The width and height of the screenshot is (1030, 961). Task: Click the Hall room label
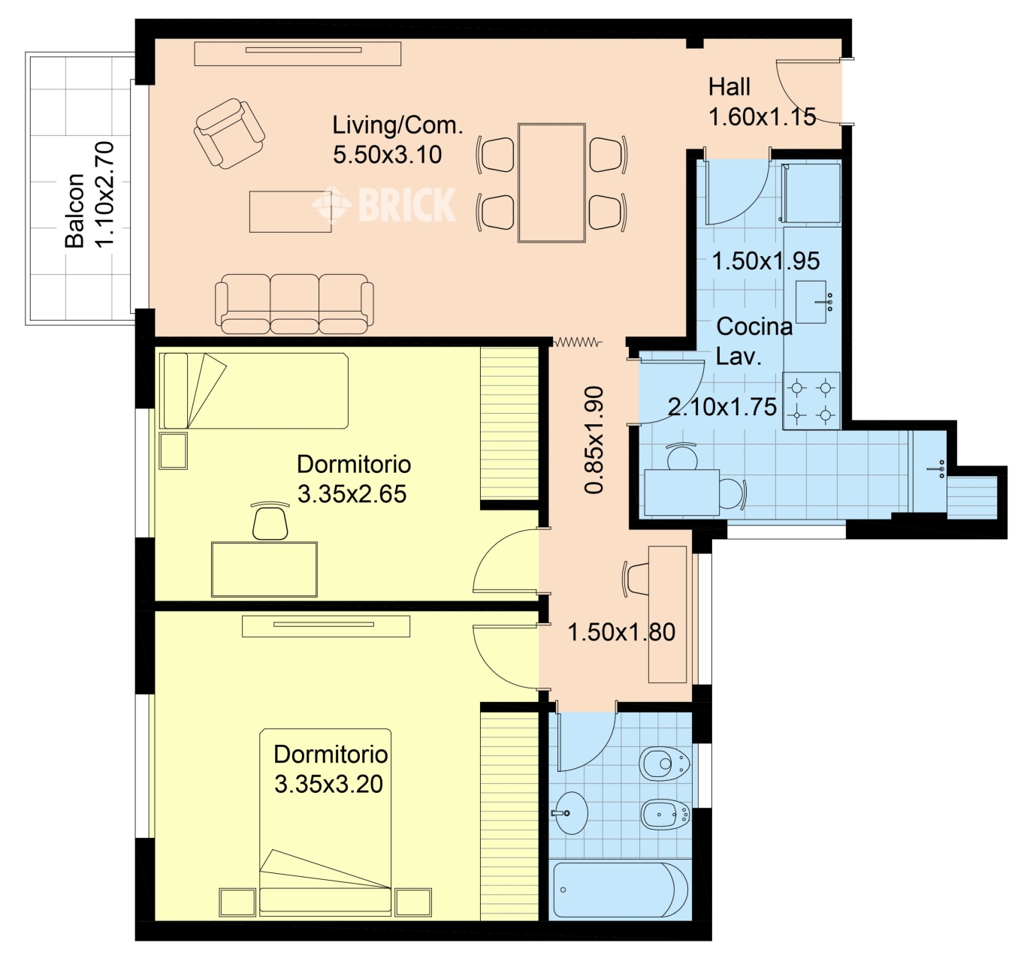pos(729,87)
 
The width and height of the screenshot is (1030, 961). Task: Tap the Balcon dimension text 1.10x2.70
pos(105,194)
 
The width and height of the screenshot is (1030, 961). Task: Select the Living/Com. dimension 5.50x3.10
pos(388,155)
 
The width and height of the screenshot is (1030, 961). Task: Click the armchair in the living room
pos(228,134)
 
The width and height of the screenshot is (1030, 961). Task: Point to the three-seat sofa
pos(294,304)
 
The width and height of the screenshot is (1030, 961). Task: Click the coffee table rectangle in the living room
pos(291,212)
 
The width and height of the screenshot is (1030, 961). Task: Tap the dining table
pos(552,183)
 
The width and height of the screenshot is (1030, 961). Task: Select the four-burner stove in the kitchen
pos(811,401)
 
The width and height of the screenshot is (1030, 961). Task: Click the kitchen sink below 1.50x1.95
pos(811,303)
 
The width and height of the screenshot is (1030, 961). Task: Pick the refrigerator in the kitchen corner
pos(811,194)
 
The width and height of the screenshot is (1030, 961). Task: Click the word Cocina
pos(754,327)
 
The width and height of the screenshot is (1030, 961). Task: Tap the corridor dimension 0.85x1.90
pos(594,440)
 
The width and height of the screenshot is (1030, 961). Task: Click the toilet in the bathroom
pos(664,764)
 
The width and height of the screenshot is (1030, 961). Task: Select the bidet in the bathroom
pos(666,815)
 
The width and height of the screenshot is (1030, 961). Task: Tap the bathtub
pos(621,890)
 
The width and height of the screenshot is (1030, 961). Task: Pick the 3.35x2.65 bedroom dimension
pos(352,493)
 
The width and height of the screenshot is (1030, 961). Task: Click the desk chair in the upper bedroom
pos(270,520)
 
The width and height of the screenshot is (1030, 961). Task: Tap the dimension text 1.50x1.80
pos(621,632)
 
